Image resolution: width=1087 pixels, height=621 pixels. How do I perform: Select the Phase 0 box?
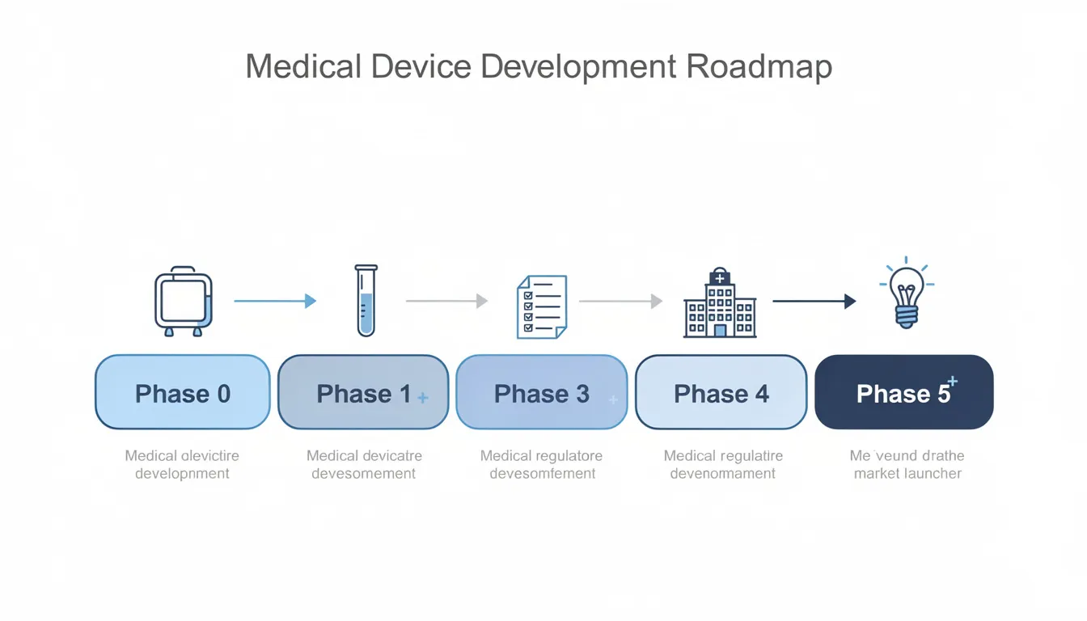(x=182, y=392)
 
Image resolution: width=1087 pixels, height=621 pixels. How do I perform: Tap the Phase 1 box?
(x=363, y=392)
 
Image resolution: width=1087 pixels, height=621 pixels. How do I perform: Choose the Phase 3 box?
(x=541, y=392)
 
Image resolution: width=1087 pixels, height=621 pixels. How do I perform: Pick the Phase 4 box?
(x=721, y=392)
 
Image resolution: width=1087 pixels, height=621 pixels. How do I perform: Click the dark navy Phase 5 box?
(x=903, y=392)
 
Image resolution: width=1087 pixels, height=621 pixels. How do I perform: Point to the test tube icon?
(x=366, y=300)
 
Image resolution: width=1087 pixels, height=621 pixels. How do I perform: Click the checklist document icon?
(x=542, y=306)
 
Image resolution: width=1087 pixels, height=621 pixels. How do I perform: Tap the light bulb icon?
(x=907, y=294)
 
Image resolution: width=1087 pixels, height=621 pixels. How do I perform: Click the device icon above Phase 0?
(x=184, y=301)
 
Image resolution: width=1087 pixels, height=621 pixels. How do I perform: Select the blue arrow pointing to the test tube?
(x=275, y=301)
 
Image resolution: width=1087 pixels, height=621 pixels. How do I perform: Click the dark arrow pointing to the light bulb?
(x=814, y=301)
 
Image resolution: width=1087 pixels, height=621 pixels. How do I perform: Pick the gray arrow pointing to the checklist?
(x=446, y=301)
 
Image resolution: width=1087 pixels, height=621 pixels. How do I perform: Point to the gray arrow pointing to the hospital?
(x=620, y=301)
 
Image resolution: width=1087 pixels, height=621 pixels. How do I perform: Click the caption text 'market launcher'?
(x=907, y=474)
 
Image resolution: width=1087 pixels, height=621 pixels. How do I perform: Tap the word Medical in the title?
(x=303, y=67)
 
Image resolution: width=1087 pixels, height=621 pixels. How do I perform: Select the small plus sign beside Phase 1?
(x=423, y=398)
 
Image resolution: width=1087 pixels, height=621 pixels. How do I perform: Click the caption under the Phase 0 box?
(x=182, y=465)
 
